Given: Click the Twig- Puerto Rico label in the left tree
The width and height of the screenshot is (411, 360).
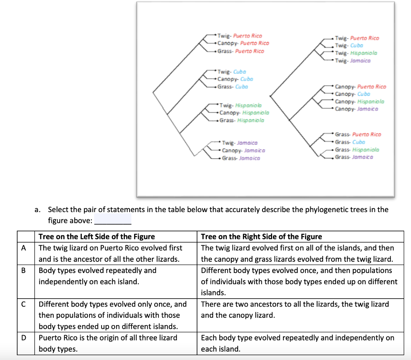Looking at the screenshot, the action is tap(240, 36).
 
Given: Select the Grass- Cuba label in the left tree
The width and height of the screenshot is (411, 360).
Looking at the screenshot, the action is tap(233, 87).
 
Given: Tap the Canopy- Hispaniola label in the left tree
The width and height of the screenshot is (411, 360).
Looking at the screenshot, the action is tap(244, 113).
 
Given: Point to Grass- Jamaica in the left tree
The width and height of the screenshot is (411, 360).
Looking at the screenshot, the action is tap(241, 158).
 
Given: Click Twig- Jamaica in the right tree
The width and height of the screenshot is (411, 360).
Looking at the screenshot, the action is tap(352, 61).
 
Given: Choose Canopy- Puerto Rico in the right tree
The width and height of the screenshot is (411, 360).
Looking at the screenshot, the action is tap(360, 87).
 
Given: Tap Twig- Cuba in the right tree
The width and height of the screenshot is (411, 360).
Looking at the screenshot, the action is tap(349, 46).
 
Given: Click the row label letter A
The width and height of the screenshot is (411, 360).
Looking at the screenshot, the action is tap(24, 248).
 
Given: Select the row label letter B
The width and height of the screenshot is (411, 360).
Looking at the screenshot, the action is tap(24, 270).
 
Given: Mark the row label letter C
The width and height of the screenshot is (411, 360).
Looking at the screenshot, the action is tap(24, 304).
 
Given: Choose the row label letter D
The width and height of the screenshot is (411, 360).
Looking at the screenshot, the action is tap(24, 338).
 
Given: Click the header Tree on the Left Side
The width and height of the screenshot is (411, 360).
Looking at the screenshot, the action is tap(96, 237).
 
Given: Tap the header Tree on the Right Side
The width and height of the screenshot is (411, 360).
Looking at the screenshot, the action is tap(261, 237).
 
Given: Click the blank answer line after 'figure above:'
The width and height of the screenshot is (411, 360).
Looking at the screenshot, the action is tap(112, 221).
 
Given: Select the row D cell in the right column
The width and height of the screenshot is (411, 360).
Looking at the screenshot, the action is tap(297, 343).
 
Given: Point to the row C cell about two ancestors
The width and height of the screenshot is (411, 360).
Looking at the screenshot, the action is tap(295, 309).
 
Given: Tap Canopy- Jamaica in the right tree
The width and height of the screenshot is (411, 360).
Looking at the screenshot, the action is tap(356, 109).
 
